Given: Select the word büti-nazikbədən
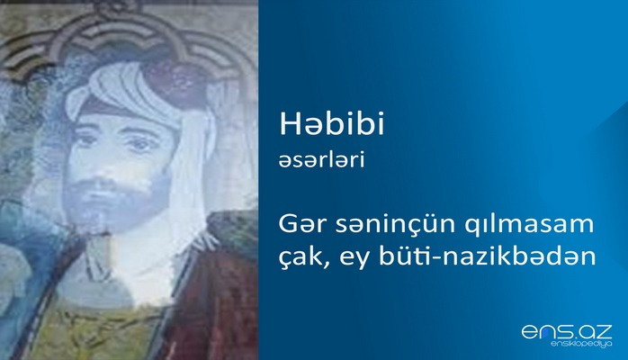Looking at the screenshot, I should (491, 255).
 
